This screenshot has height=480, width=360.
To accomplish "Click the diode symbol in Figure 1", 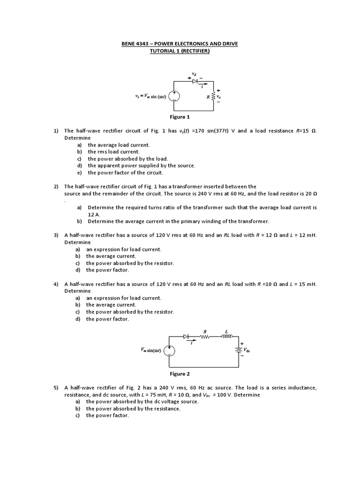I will click(x=195, y=81).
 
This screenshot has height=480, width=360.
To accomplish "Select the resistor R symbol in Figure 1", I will click(x=214, y=96).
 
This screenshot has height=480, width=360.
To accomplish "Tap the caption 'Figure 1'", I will click(x=180, y=117).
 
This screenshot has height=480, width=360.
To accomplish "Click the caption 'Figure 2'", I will click(x=180, y=374).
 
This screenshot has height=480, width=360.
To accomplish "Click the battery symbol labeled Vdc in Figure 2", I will click(x=238, y=349).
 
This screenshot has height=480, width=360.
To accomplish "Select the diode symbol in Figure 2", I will click(x=186, y=336).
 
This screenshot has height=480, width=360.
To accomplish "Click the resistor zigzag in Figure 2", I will click(x=204, y=336).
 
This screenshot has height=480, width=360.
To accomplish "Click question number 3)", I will click(x=55, y=235).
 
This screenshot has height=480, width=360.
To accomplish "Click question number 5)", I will click(x=55, y=388).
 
